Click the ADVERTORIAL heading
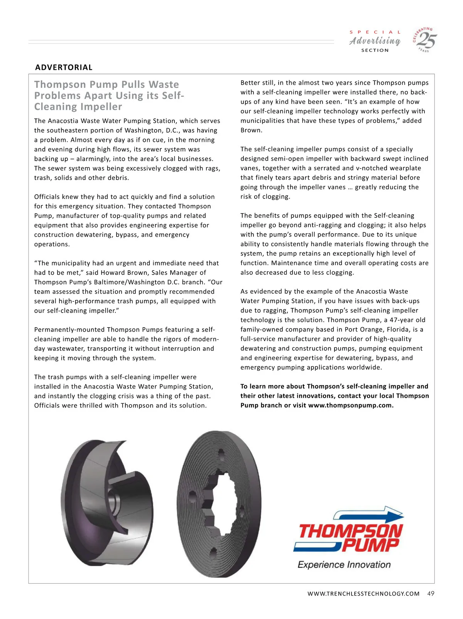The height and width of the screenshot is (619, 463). (64, 67)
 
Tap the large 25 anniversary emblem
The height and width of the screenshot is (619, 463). (426, 40)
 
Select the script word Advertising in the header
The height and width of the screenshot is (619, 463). (375, 41)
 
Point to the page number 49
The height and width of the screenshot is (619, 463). (431, 594)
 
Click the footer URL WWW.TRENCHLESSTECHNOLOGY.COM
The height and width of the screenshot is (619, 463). (363, 594)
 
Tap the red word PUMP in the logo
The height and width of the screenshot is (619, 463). (370, 545)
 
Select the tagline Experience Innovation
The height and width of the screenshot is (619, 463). (344, 565)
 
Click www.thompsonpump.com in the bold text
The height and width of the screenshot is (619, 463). (350, 405)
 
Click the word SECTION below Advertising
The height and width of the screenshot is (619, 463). (375, 50)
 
